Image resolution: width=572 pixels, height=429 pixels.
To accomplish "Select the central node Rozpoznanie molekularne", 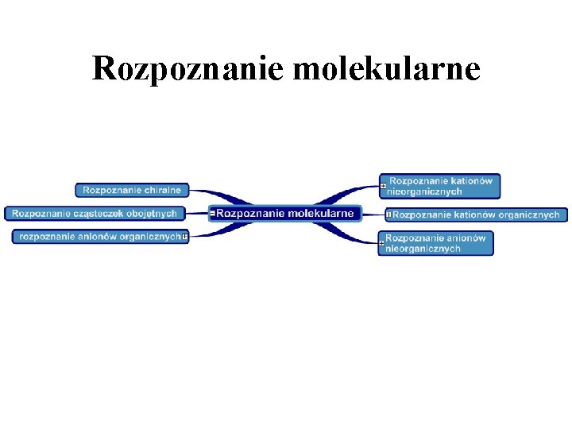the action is (286, 213).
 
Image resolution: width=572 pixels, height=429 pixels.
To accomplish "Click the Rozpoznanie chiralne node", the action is (133, 190).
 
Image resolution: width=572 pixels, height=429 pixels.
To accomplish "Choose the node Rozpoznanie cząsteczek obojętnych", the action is (95, 213).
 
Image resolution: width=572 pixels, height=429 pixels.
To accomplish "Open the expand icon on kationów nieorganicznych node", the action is (383, 186).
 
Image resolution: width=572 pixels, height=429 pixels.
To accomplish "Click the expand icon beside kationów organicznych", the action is (388, 214).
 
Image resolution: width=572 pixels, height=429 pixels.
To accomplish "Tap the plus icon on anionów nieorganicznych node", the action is (382, 243).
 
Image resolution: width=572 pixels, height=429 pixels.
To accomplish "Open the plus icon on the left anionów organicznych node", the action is (184, 236).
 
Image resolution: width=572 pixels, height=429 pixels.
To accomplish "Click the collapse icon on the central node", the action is (213, 213).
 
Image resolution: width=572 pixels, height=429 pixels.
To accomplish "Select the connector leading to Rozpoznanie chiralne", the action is (211, 194).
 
